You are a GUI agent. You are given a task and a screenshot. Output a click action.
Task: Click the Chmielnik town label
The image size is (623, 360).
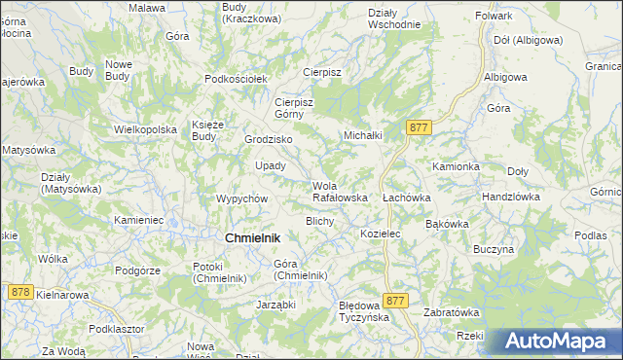(252, 237)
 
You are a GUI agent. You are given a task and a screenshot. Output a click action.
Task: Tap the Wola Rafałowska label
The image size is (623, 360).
(339, 192)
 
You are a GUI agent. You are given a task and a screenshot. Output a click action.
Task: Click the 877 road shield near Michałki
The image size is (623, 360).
(420, 127)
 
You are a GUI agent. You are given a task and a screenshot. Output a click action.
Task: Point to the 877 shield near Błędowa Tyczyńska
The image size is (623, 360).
(395, 302)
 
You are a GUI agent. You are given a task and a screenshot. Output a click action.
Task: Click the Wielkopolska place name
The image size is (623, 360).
(145, 128)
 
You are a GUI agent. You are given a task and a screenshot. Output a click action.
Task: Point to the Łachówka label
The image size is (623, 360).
(407, 197)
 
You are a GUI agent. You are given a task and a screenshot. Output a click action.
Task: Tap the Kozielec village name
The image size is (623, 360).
(381, 234)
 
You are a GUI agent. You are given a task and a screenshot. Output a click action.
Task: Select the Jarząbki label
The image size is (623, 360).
(275, 305)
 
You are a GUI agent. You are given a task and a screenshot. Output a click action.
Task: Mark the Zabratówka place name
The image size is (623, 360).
(452, 312)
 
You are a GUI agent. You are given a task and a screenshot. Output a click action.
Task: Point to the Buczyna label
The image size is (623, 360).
(494, 249)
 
